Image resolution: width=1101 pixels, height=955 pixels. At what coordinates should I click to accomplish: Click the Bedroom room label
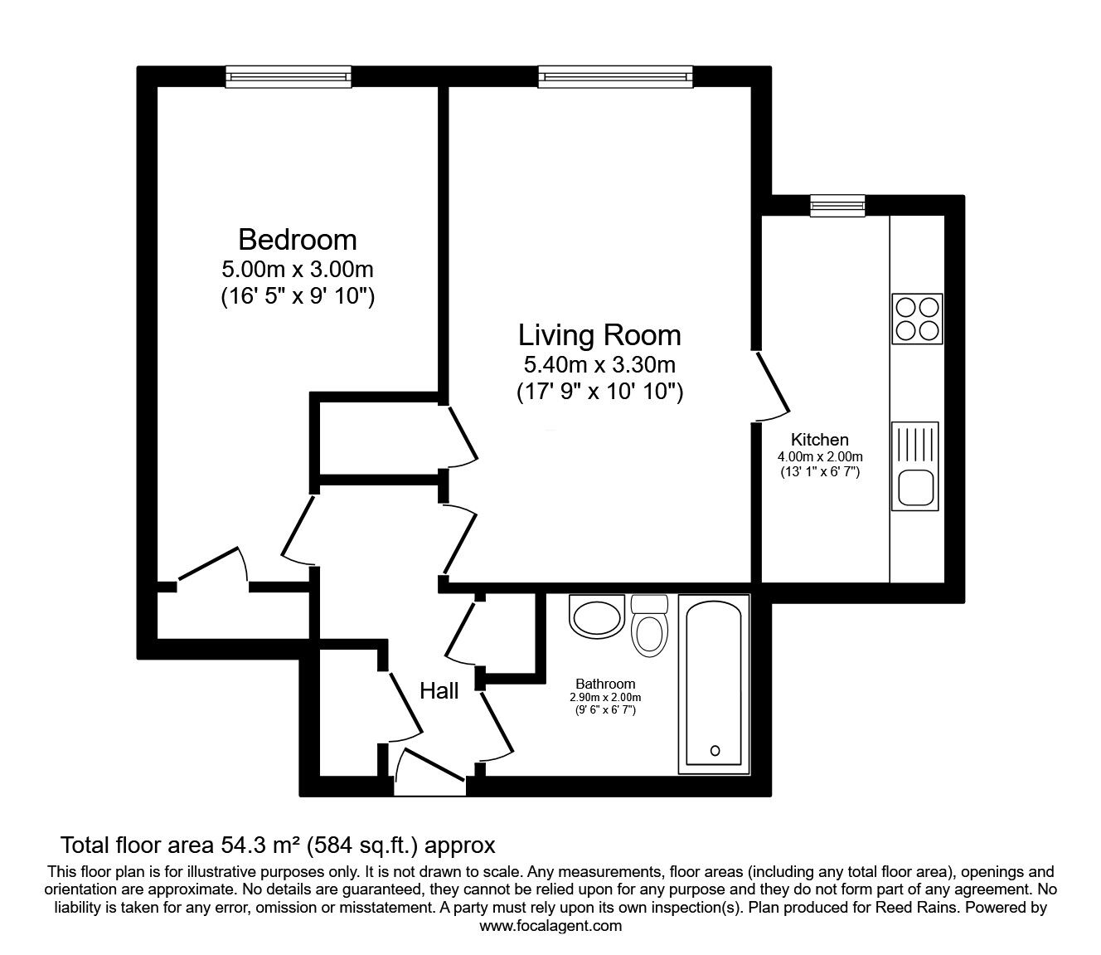(x=297, y=240)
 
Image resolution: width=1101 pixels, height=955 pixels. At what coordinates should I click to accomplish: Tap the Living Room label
(x=599, y=335)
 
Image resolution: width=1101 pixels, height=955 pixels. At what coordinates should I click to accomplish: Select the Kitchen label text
(x=819, y=440)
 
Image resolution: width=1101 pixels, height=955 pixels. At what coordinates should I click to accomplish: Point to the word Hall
(x=439, y=691)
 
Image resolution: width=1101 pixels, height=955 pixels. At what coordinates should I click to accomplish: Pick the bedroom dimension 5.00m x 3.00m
(x=297, y=269)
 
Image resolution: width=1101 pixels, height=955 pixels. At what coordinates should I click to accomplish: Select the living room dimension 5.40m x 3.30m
(x=599, y=364)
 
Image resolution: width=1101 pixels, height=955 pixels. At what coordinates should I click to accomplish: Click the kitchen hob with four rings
(x=917, y=318)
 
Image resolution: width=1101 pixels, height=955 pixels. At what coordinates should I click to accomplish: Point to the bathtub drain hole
(x=715, y=751)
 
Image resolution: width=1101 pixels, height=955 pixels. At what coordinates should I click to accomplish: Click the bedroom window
(x=288, y=76)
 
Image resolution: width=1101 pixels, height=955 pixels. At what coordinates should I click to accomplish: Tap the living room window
(x=615, y=76)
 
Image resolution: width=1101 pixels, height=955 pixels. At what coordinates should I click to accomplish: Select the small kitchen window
(x=837, y=205)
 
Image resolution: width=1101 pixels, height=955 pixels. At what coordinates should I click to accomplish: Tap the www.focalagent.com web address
(x=550, y=926)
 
